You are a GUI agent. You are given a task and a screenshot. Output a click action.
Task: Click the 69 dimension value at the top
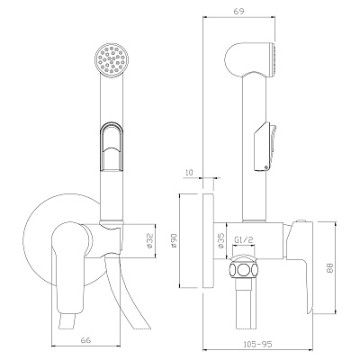coord(238,11)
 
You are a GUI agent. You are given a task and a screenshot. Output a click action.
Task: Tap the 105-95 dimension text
coord(257,344)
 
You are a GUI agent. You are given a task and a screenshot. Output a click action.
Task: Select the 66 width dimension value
coord(85,340)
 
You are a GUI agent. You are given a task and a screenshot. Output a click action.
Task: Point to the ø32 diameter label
coord(150,240)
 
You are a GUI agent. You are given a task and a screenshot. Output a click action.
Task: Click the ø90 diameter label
coord(175,241)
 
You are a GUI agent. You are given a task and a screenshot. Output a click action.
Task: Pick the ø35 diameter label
coord(221,240)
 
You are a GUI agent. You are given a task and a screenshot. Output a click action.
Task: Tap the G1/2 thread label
coord(244,240)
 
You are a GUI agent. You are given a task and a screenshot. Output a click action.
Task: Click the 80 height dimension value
coord(329,268)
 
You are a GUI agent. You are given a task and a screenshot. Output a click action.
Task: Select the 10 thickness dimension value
coord(189,172)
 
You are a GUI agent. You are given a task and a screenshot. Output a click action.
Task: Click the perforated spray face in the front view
coord(112,59)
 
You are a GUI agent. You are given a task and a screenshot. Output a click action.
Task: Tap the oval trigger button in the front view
coord(111,146)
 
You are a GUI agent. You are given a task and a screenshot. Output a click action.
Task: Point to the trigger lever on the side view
coord(265,147)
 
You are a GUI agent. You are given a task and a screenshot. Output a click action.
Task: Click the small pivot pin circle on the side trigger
coord(265,167)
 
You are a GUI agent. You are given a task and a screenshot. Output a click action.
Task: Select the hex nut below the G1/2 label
coord(244,269)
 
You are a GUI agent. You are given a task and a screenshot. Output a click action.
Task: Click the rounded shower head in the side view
coord(250,60)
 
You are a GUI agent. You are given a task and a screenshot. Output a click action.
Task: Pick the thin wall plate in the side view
coord(209,241)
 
